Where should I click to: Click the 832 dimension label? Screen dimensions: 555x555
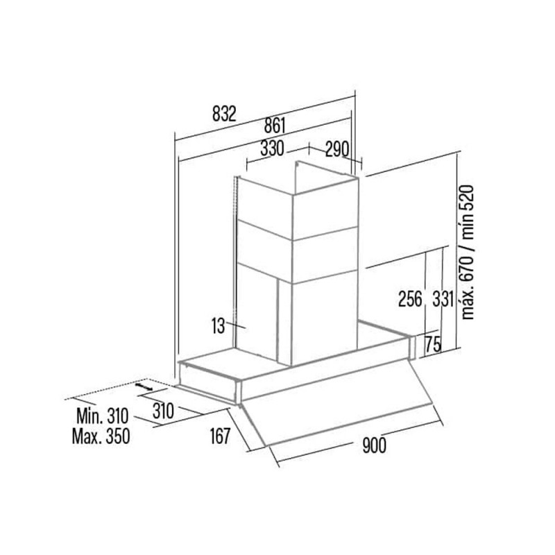pos(224,114)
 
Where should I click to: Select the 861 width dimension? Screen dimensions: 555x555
pos(275,126)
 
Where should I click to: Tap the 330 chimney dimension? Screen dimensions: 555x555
pos(272,148)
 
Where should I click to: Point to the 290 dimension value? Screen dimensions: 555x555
pos(337,149)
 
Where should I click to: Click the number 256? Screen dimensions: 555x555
pos(411,298)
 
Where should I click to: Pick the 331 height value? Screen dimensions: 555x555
pos(443,298)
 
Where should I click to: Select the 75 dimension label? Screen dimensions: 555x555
pos(432,343)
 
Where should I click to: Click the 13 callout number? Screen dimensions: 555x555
pos(219,325)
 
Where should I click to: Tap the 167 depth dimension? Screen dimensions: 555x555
pos(220,436)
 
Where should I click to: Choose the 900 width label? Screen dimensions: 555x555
pos(374,445)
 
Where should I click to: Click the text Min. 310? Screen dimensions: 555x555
pos(102,416)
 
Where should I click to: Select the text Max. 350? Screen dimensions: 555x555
pos(101,436)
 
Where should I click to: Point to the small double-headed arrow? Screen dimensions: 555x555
pos(144,386)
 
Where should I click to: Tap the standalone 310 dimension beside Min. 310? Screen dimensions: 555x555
pos(163,411)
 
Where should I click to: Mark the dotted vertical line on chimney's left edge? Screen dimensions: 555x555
pos(234,262)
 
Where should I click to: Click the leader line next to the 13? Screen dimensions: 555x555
pos(235,325)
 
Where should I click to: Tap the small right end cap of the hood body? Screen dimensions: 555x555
pos(411,348)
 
